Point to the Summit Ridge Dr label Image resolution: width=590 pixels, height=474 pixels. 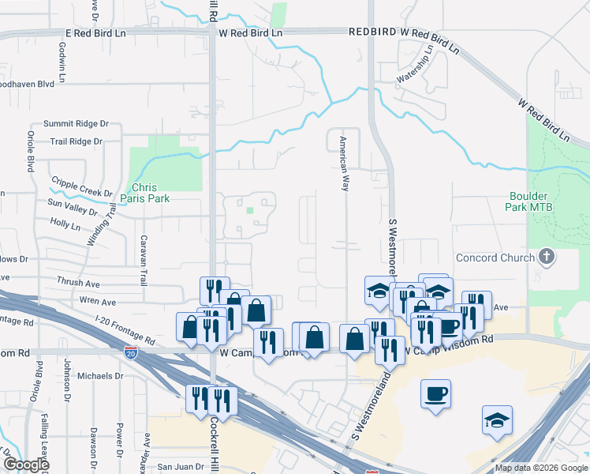point(76,124)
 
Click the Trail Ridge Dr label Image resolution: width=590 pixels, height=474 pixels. point(76,141)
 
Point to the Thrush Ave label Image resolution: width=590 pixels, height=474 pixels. point(78,282)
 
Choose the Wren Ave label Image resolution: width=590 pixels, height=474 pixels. point(97,302)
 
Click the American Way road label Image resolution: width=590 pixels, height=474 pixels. point(343,164)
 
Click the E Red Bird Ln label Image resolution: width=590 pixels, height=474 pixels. point(95,34)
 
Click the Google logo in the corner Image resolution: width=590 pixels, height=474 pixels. point(27,465)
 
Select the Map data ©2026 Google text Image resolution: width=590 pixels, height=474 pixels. point(540,468)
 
